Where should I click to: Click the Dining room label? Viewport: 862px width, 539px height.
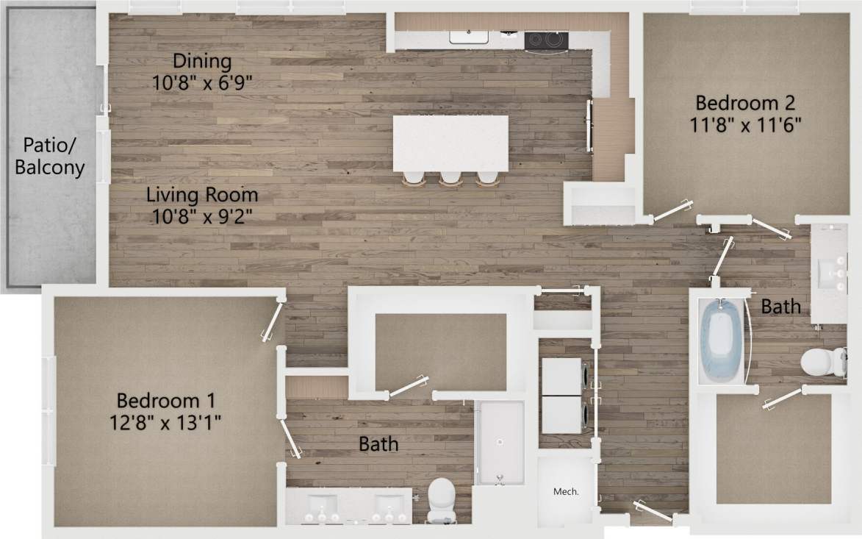[202, 61]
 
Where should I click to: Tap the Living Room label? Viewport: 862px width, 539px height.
[202, 196]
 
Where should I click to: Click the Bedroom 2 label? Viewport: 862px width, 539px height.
[746, 102]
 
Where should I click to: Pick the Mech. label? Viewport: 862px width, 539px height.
[566, 492]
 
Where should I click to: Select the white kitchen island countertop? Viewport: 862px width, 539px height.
[450, 143]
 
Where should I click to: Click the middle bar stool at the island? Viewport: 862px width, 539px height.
[450, 178]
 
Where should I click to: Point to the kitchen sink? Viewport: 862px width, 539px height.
[471, 37]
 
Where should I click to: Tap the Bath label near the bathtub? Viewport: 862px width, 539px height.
[780, 306]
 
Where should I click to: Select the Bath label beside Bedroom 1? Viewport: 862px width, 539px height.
[378, 443]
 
